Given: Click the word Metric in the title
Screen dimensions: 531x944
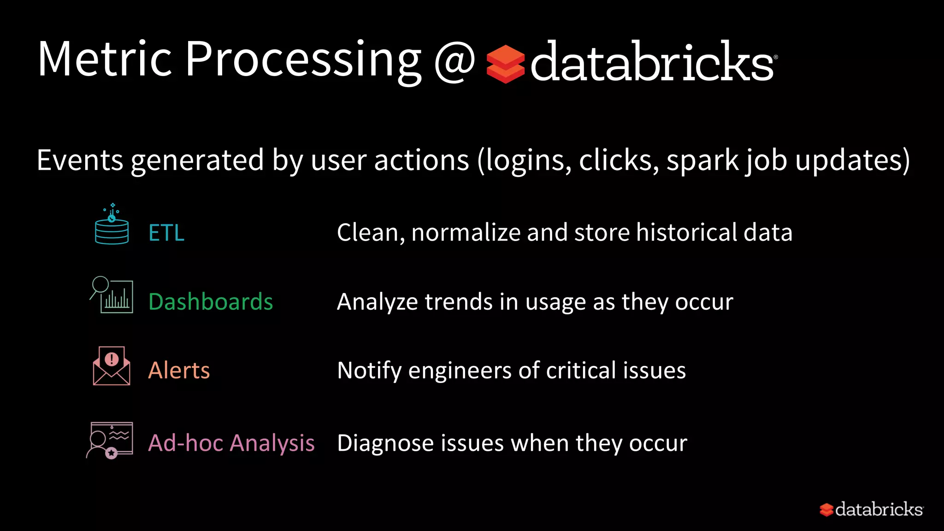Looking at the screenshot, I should (105, 60).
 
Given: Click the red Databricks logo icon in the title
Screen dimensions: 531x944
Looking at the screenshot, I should (505, 64).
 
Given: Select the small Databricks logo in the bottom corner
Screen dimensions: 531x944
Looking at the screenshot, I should (871, 509).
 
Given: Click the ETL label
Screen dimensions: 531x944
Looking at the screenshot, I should (166, 233).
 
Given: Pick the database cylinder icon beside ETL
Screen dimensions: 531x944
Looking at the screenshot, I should (112, 226).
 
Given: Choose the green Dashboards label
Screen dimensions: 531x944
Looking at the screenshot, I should (211, 302).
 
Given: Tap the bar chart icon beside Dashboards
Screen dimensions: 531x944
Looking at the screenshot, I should (112, 295).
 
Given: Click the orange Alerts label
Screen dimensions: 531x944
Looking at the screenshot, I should (179, 370).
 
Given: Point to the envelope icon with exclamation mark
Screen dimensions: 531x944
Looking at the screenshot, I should (112, 366).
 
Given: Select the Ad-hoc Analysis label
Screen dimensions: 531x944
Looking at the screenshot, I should (231, 443).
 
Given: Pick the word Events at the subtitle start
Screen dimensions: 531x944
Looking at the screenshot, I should (80, 160).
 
